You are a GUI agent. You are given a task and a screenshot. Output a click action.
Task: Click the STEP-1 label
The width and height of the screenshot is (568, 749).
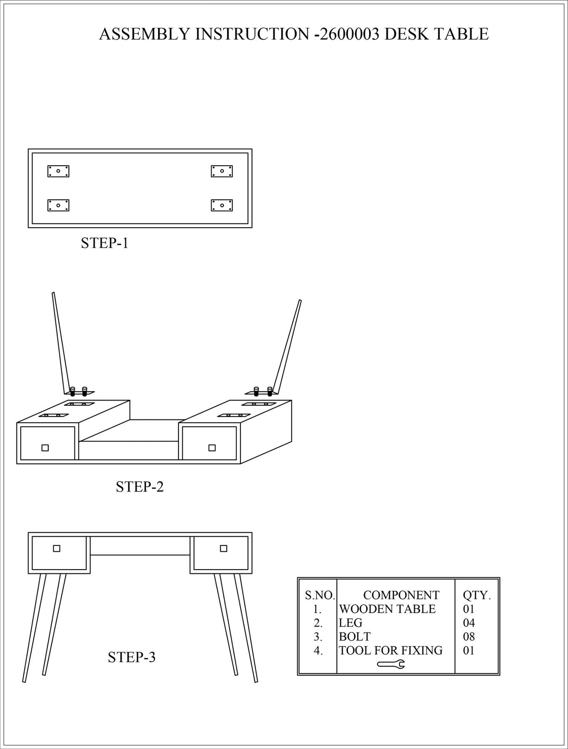105,243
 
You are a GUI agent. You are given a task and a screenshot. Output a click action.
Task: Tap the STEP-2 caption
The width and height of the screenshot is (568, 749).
140,487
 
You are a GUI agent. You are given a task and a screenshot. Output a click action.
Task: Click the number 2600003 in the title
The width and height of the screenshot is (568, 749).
349,34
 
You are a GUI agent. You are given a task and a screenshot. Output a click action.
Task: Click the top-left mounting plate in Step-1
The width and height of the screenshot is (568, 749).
58,171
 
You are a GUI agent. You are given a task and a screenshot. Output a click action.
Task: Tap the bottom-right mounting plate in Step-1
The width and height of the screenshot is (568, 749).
222,205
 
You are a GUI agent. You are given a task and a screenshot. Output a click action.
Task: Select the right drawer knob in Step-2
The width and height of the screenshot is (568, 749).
212,448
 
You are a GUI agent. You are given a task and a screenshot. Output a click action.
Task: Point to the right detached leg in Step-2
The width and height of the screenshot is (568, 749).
287,347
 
